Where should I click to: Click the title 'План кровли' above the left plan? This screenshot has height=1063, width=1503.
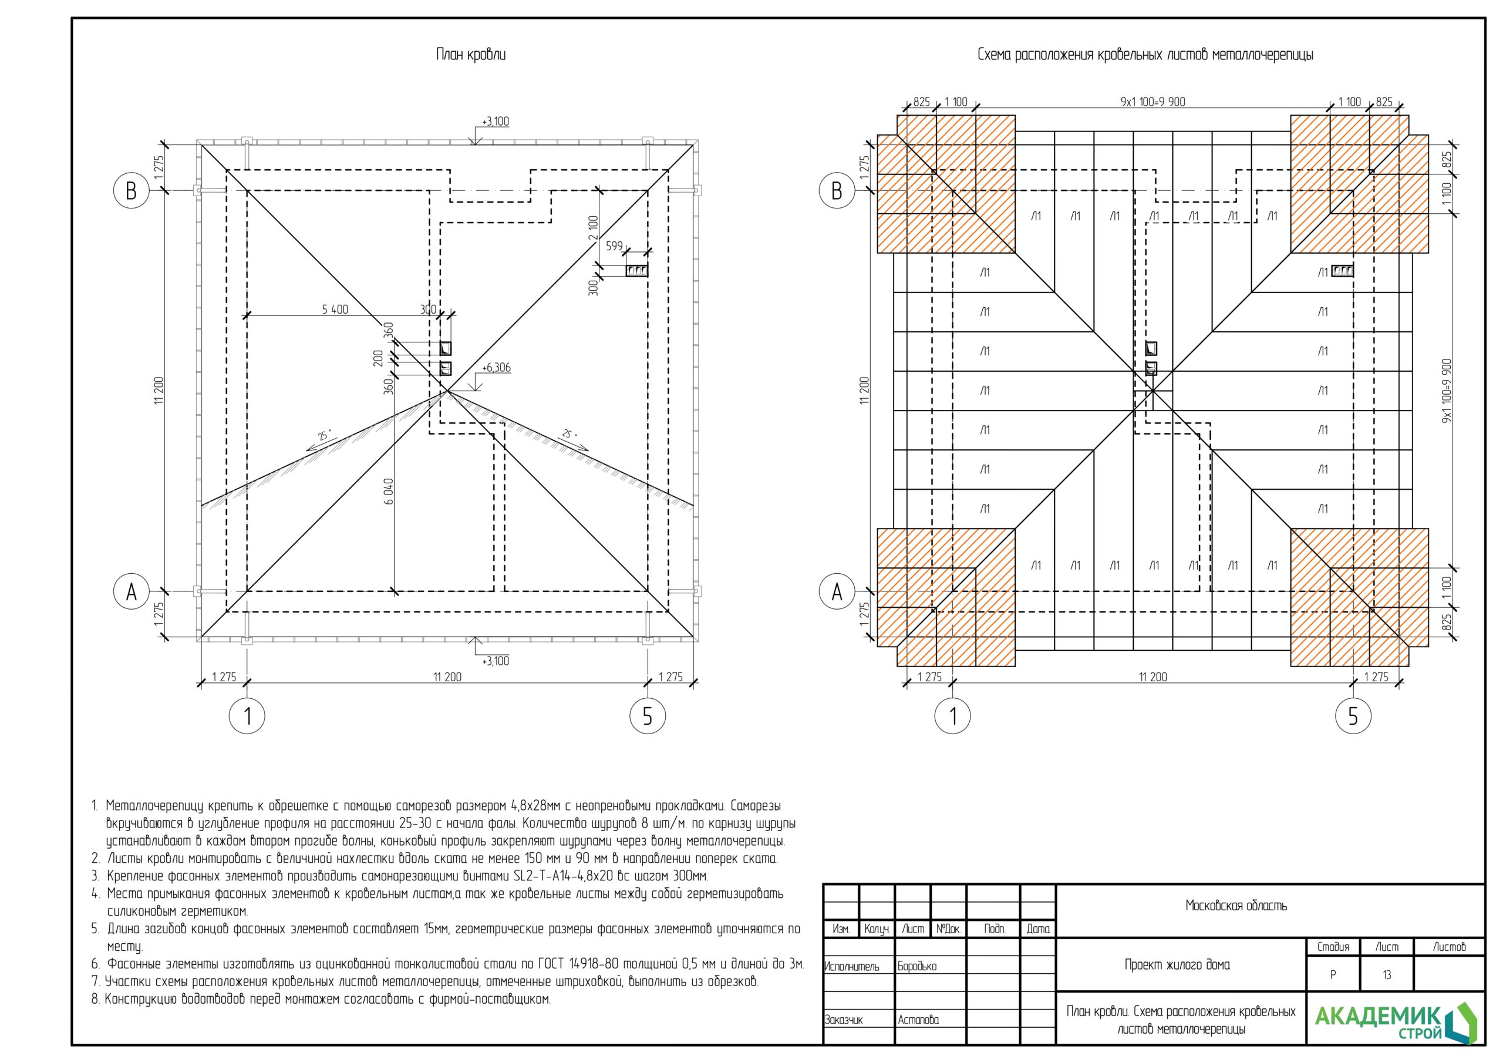[x=471, y=55]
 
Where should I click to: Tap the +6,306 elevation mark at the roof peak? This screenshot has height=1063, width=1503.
[x=496, y=368]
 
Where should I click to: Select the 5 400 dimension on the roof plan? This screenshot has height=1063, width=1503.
[x=335, y=309]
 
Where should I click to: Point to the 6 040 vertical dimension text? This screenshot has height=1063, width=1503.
[x=389, y=491]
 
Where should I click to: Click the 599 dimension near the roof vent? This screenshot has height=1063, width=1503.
[x=614, y=246]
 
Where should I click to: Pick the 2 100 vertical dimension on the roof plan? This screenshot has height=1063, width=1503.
[x=593, y=228]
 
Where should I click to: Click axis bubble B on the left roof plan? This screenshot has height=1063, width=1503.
[x=131, y=191]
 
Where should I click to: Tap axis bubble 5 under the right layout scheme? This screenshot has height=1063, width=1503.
[x=1353, y=716]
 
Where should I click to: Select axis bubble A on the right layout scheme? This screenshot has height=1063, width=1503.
[x=837, y=591]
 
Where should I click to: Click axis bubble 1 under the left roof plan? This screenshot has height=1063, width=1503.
[x=247, y=716]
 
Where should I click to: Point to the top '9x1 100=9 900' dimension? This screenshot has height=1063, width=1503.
[x=1152, y=102]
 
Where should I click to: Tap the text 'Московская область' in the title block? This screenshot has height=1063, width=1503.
[x=1236, y=906]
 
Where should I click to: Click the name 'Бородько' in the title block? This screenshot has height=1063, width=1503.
[x=917, y=967]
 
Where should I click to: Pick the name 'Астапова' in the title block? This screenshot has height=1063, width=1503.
[x=918, y=1020]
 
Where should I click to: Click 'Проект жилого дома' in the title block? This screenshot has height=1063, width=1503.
[x=1177, y=965]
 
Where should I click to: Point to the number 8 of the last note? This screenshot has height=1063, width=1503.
[x=95, y=1000]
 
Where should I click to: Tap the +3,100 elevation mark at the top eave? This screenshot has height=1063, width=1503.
[x=496, y=122]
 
